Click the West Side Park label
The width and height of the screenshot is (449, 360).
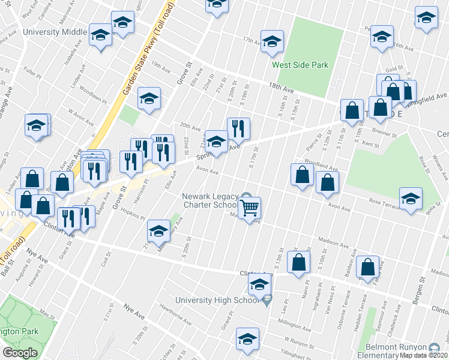click(x=300, y=65)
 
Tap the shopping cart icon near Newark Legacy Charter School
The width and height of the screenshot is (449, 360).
click(x=249, y=209)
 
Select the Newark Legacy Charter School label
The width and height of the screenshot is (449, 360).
click(x=209, y=200)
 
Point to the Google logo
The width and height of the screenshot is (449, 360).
click(x=20, y=353)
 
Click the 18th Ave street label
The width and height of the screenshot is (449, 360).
click(x=281, y=88)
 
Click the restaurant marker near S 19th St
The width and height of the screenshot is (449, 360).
click(x=238, y=128)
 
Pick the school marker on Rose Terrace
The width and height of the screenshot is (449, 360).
click(x=411, y=199)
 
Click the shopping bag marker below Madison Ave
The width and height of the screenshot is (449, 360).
click(x=298, y=262)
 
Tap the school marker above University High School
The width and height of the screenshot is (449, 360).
click(x=259, y=286)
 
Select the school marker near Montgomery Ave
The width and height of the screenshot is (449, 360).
click(x=158, y=230)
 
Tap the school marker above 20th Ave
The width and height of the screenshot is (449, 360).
click(x=148, y=98)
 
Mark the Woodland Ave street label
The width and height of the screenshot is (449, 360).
click(x=321, y=163)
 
